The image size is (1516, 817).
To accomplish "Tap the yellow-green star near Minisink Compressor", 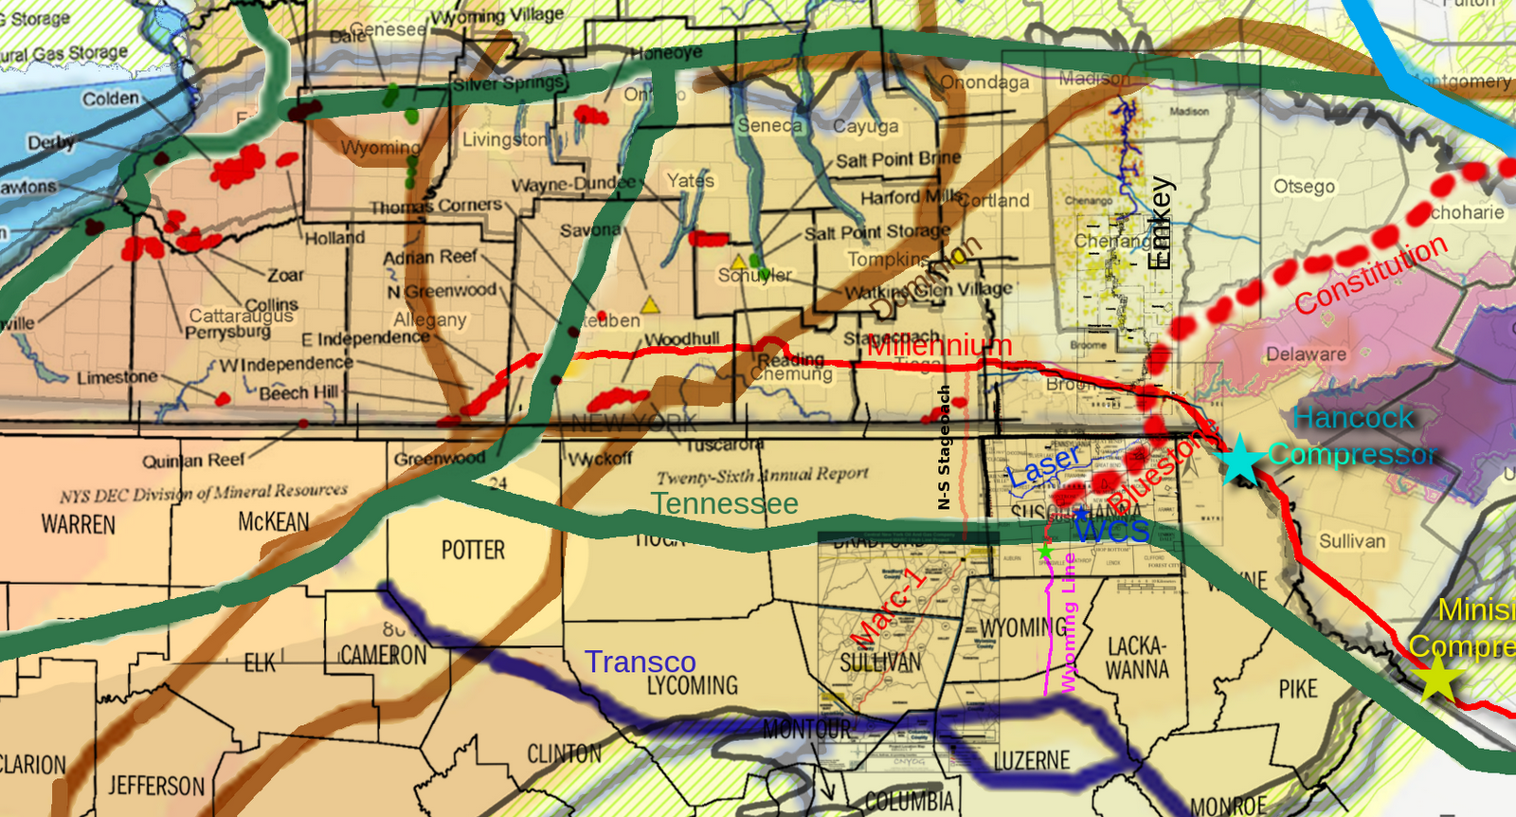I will [x=1437, y=679].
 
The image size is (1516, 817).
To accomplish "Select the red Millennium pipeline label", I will [x=940, y=345].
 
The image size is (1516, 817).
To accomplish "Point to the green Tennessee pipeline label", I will [x=725, y=503].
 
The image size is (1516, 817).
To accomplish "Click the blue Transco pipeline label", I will [x=641, y=662].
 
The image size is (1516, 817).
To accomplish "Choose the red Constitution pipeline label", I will [x=1371, y=274].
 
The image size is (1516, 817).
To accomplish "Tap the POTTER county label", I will [x=473, y=551].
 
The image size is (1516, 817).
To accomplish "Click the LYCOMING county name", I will [x=693, y=685].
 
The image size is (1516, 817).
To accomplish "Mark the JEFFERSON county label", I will [x=156, y=786].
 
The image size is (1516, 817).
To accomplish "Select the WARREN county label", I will [x=79, y=524].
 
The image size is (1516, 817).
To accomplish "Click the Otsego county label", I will [x=1304, y=186].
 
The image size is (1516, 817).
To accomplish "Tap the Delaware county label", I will [x=1306, y=354].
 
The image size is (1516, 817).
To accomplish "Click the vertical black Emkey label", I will [x=1161, y=224].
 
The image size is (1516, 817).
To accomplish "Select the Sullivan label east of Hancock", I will [x=1352, y=541].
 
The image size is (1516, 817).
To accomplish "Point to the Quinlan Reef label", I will [x=193, y=461].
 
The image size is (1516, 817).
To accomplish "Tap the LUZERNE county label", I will [x=1032, y=761].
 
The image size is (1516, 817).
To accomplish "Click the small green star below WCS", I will [x=1045, y=551].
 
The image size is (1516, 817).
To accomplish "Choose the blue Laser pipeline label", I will [x=1043, y=466].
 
